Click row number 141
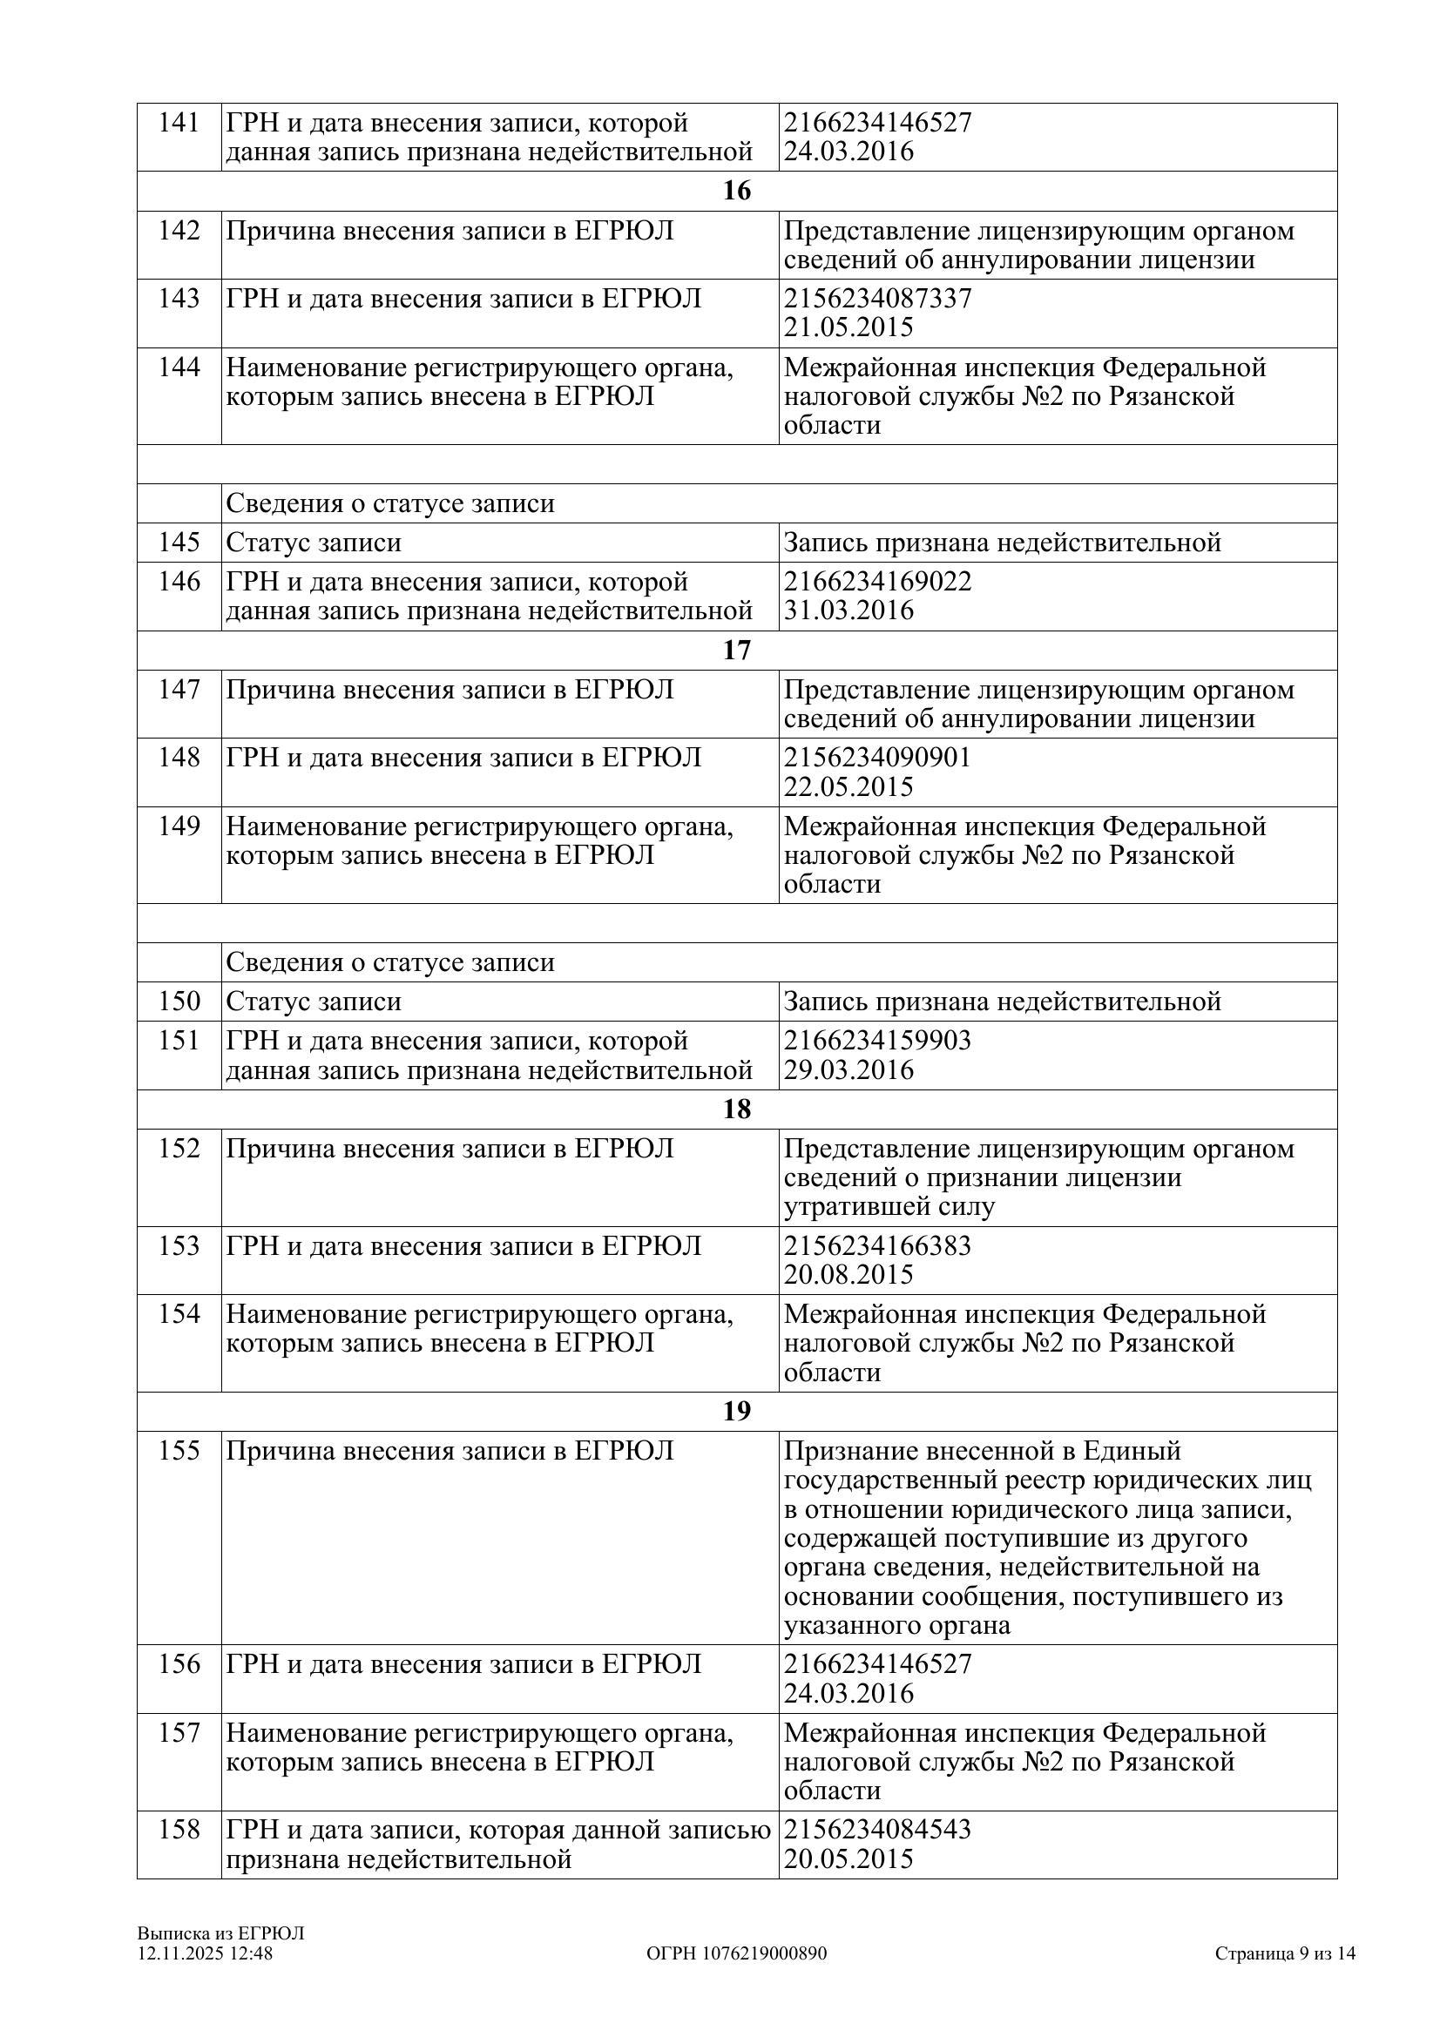coord(179,123)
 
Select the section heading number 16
coord(736,191)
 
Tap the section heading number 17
coord(736,651)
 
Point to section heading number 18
coord(736,1109)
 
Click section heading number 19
coord(736,1411)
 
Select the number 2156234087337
coord(877,298)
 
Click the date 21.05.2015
coord(848,327)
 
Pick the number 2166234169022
coord(877,581)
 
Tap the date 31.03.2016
coord(848,610)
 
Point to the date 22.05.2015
coord(848,787)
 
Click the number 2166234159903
coord(877,1040)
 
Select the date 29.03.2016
coord(848,1069)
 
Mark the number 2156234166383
coord(877,1245)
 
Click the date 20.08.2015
coord(848,1275)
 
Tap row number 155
coord(179,1451)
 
